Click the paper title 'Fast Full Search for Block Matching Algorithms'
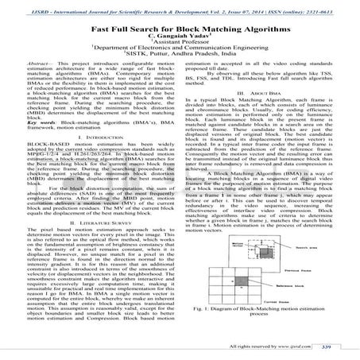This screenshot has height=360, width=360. click(x=180, y=28)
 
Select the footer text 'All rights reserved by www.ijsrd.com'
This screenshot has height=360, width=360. click(x=270, y=346)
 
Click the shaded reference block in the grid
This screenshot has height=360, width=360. click(x=241, y=281)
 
